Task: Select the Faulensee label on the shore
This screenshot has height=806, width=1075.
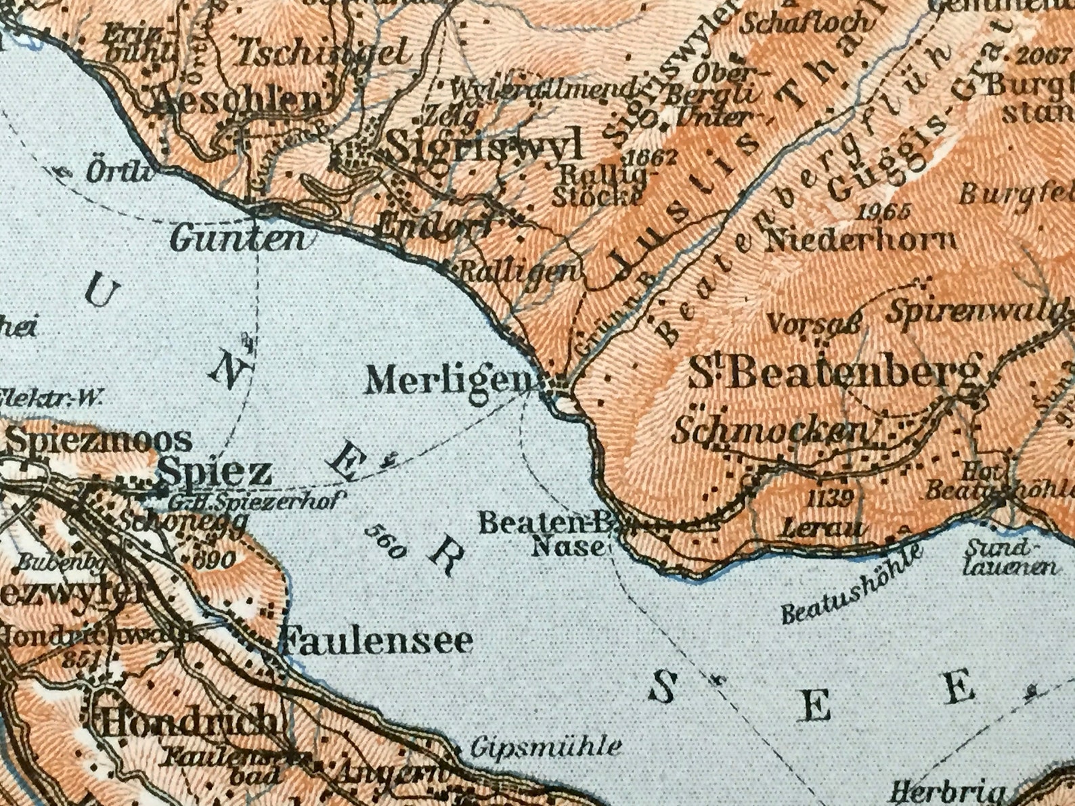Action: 376,640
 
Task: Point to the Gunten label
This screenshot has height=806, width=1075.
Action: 238,238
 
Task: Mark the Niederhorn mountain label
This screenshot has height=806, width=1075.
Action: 860,240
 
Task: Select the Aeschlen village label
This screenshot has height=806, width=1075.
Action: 239,102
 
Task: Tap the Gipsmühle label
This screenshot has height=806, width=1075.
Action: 545,747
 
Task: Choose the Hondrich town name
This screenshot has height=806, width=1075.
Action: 188,723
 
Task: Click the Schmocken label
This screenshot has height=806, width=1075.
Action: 770,431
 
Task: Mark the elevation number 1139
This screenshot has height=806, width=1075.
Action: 831,498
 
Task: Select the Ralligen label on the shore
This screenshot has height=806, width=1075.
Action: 520,272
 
